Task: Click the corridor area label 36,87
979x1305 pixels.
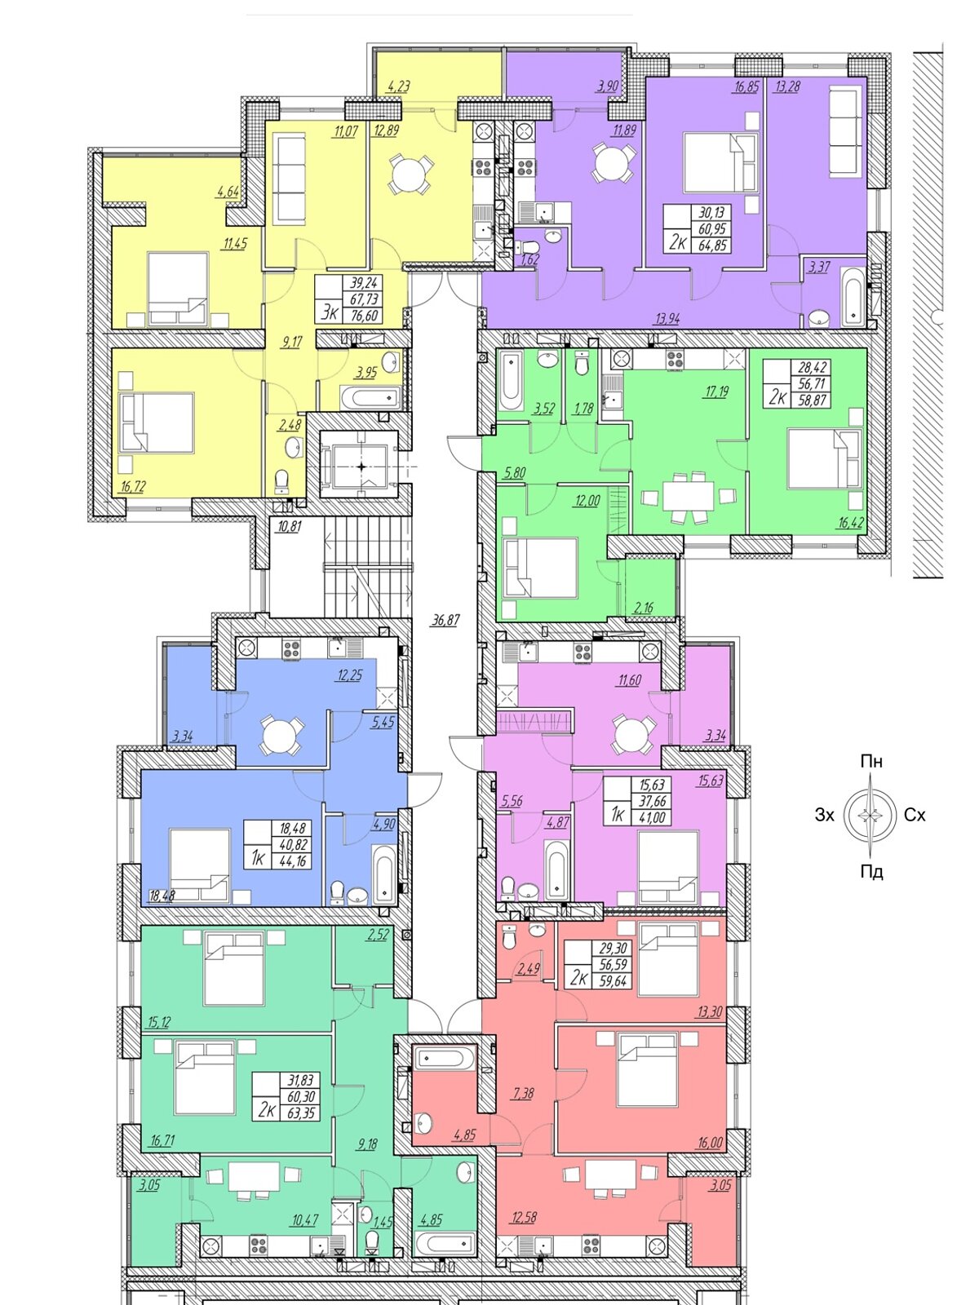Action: coord(445,620)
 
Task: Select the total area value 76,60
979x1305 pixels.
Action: coord(365,315)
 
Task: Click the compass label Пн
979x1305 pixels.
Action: coord(871,762)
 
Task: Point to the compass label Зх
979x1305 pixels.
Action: coord(825,815)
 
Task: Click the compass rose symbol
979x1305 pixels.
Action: coord(870,815)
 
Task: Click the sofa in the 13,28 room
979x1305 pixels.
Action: coord(845,131)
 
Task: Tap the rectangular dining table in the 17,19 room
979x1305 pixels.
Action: coord(689,494)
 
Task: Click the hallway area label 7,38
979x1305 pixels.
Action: coord(525,1092)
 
